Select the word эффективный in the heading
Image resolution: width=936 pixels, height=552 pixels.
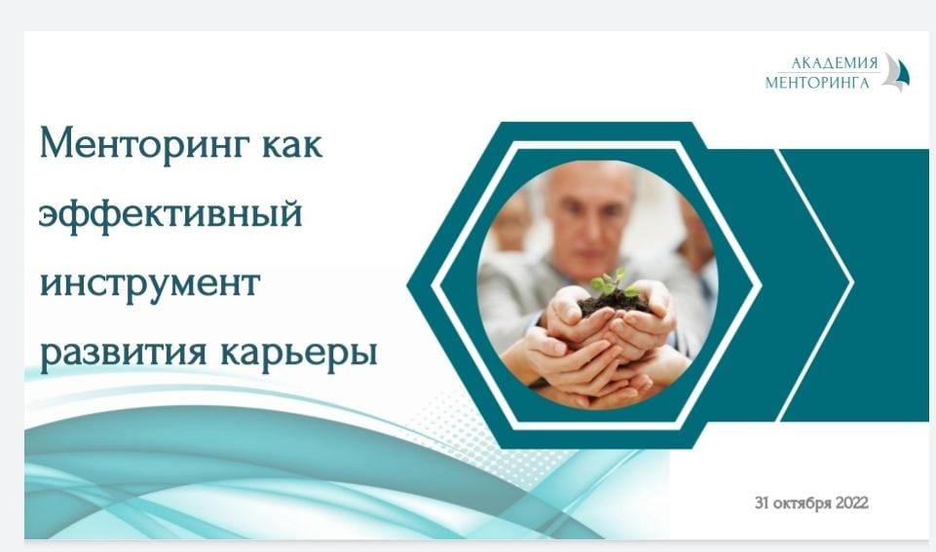pyautogui.click(x=170, y=213)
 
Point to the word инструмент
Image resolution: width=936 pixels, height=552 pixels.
pyautogui.click(x=150, y=283)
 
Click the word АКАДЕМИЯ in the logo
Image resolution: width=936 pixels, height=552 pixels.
pyautogui.click(x=835, y=62)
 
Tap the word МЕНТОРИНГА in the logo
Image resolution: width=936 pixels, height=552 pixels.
pyautogui.click(x=817, y=83)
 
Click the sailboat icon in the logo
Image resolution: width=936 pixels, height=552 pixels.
pyautogui.click(x=895, y=73)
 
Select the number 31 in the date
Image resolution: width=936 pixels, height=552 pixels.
pyautogui.click(x=762, y=503)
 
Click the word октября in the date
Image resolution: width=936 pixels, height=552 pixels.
pyautogui.click(x=802, y=503)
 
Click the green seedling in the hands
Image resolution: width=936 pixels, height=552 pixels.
pyautogui.click(x=612, y=283)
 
